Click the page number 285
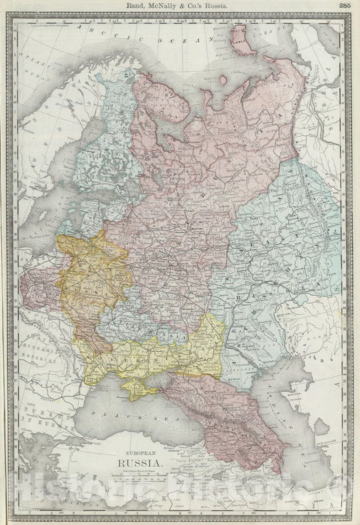[345, 5]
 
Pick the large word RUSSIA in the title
[138, 462]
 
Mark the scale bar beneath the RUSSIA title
[138, 476]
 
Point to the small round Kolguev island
[222, 79]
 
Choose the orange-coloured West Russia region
[93, 273]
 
